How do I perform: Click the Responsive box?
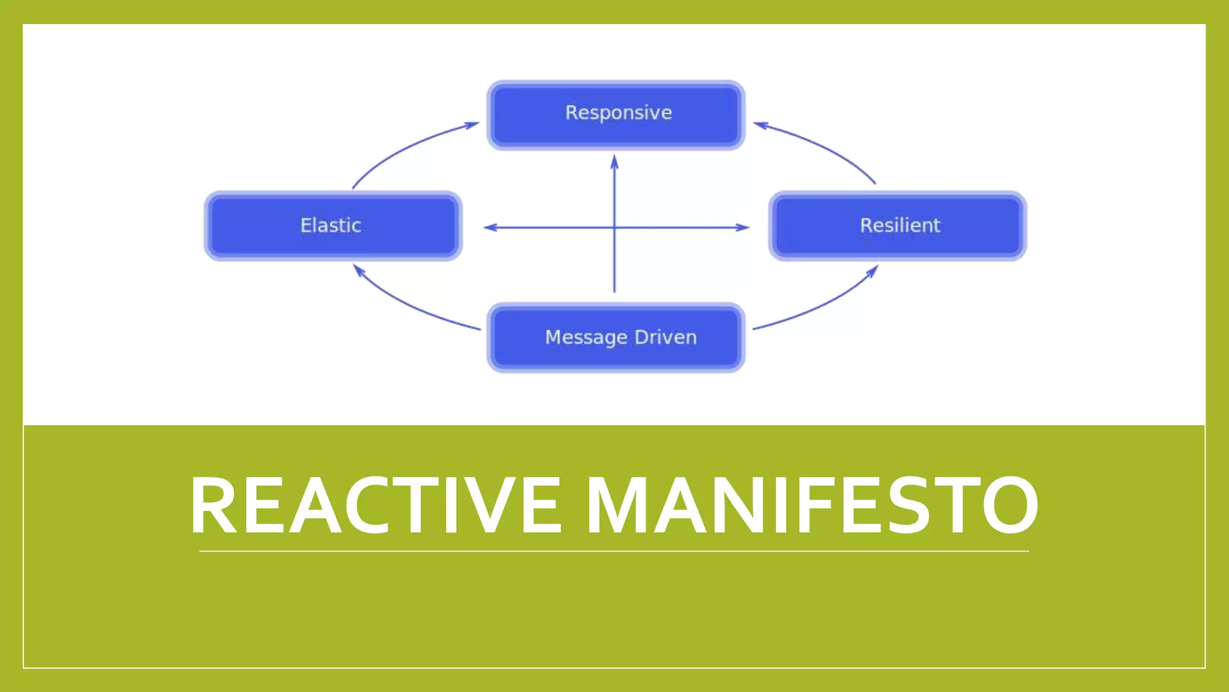(616, 114)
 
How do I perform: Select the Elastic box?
(333, 226)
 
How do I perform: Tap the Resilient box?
(898, 226)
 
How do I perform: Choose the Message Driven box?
(616, 338)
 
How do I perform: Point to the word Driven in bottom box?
(666, 337)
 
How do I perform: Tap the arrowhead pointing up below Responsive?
(614, 161)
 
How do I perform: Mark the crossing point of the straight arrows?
(614, 228)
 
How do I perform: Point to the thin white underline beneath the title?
(614, 551)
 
